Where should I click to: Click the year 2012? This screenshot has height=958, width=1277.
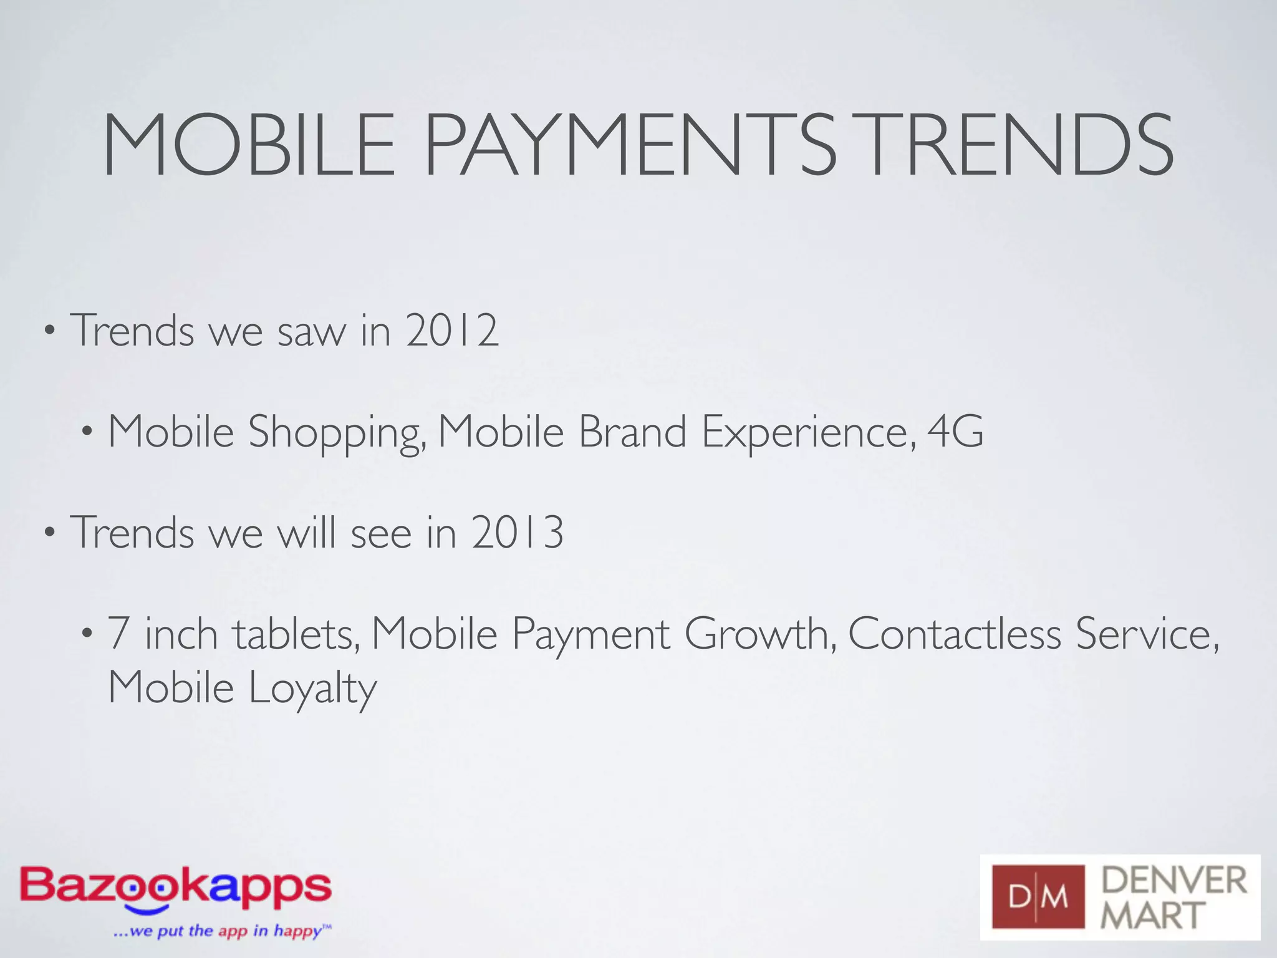tap(452, 330)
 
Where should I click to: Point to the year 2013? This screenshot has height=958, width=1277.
tap(518, 533)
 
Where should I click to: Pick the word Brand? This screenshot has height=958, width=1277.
tap(632, 431)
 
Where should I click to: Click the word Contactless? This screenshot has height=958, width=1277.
tap(954, 634)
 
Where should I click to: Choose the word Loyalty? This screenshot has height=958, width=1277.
tap(312, 690)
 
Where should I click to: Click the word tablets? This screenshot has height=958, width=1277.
tap(296, 634)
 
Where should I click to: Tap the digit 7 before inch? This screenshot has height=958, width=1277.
tap(118, 634)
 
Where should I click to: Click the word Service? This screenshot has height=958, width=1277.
tap(1147, 634)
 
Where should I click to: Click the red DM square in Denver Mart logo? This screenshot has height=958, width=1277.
tap(1038, 897)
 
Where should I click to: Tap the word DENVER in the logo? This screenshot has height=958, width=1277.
tap(1173, 880)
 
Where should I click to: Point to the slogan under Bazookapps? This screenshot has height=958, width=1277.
tap(222, 931)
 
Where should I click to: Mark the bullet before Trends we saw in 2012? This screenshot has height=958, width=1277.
tap(49, 331)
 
